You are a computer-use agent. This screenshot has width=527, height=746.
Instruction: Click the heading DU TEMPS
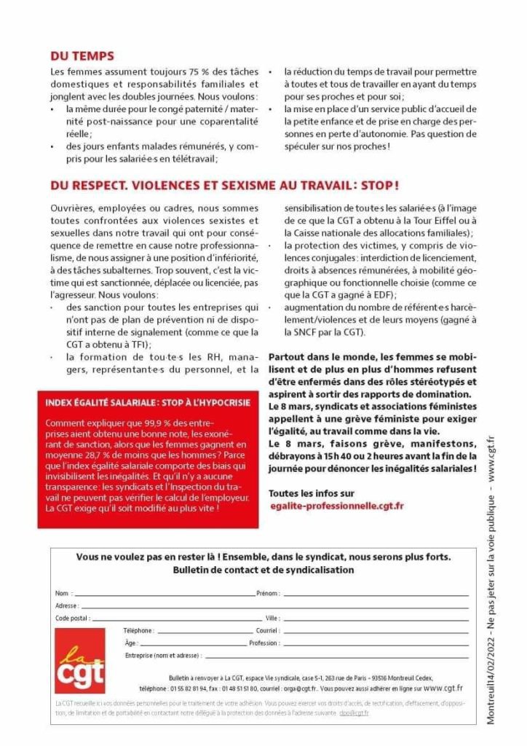tap(82, 55)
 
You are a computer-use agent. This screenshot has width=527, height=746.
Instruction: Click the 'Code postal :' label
tap(72, 618)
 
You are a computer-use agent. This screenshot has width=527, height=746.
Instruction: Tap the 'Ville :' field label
tap(272, 618)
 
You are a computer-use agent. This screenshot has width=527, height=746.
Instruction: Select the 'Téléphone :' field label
tap(139, 630)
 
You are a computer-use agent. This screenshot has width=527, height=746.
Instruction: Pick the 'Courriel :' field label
tap(267, 630)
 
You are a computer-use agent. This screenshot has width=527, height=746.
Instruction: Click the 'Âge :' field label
tap(132, 643)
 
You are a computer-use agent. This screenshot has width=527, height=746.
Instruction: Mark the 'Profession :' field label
tap(263, 643)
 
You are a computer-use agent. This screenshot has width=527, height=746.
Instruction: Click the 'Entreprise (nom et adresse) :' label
tap(163, 656)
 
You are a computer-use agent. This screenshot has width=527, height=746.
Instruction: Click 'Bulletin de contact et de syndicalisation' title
tap(263, 570)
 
